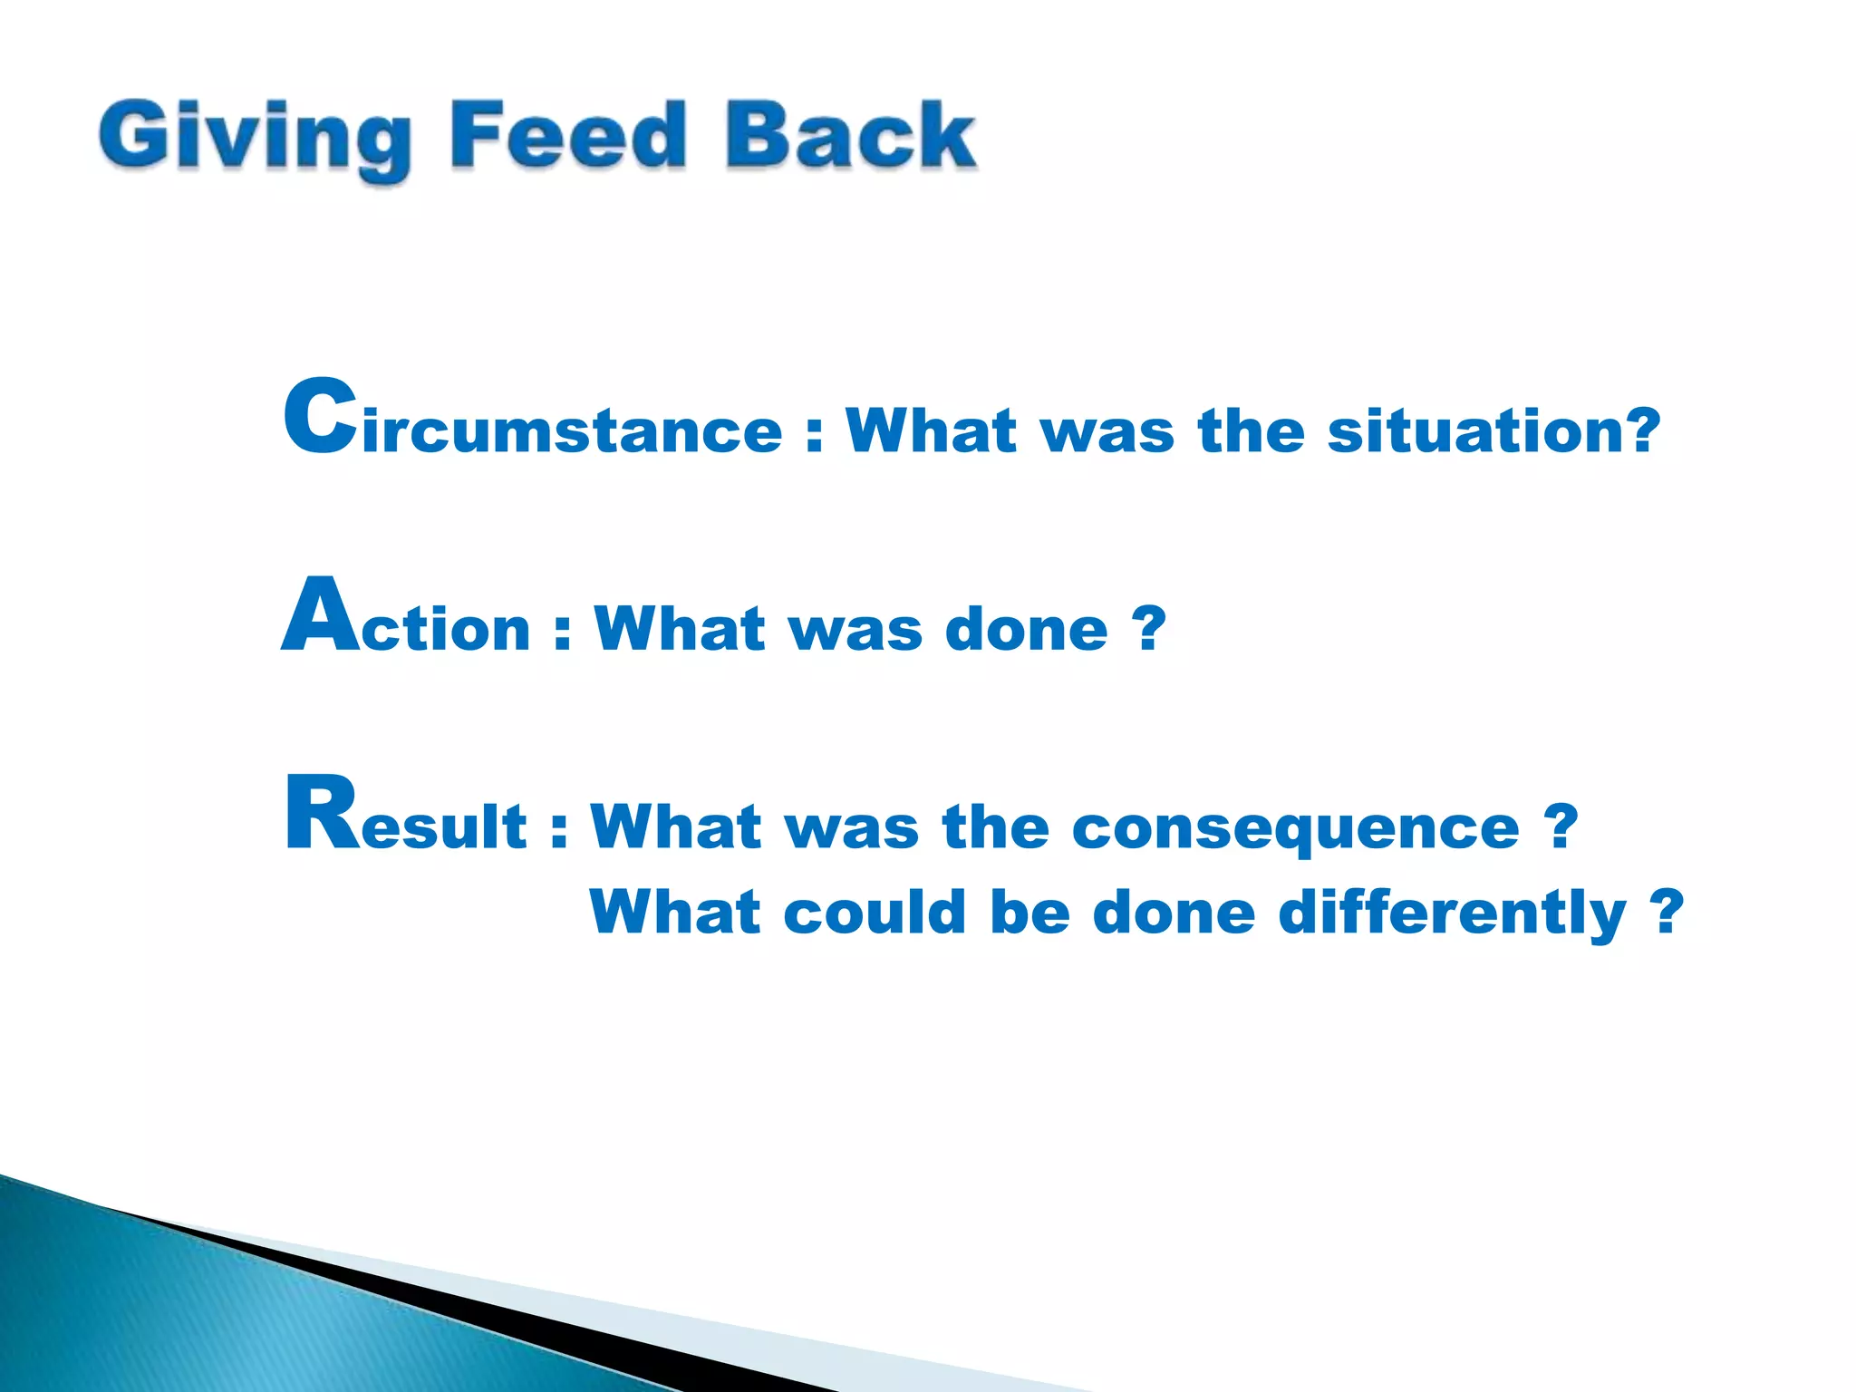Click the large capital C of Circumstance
(320, 417)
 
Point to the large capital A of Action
(319, 616)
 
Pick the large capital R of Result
(322, 813)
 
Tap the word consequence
(1296, 828)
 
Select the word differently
(1452, 913)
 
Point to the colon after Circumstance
(814, 433)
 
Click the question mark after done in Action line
(1148, 627)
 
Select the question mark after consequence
(1561, 826)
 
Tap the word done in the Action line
(1026, 629)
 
